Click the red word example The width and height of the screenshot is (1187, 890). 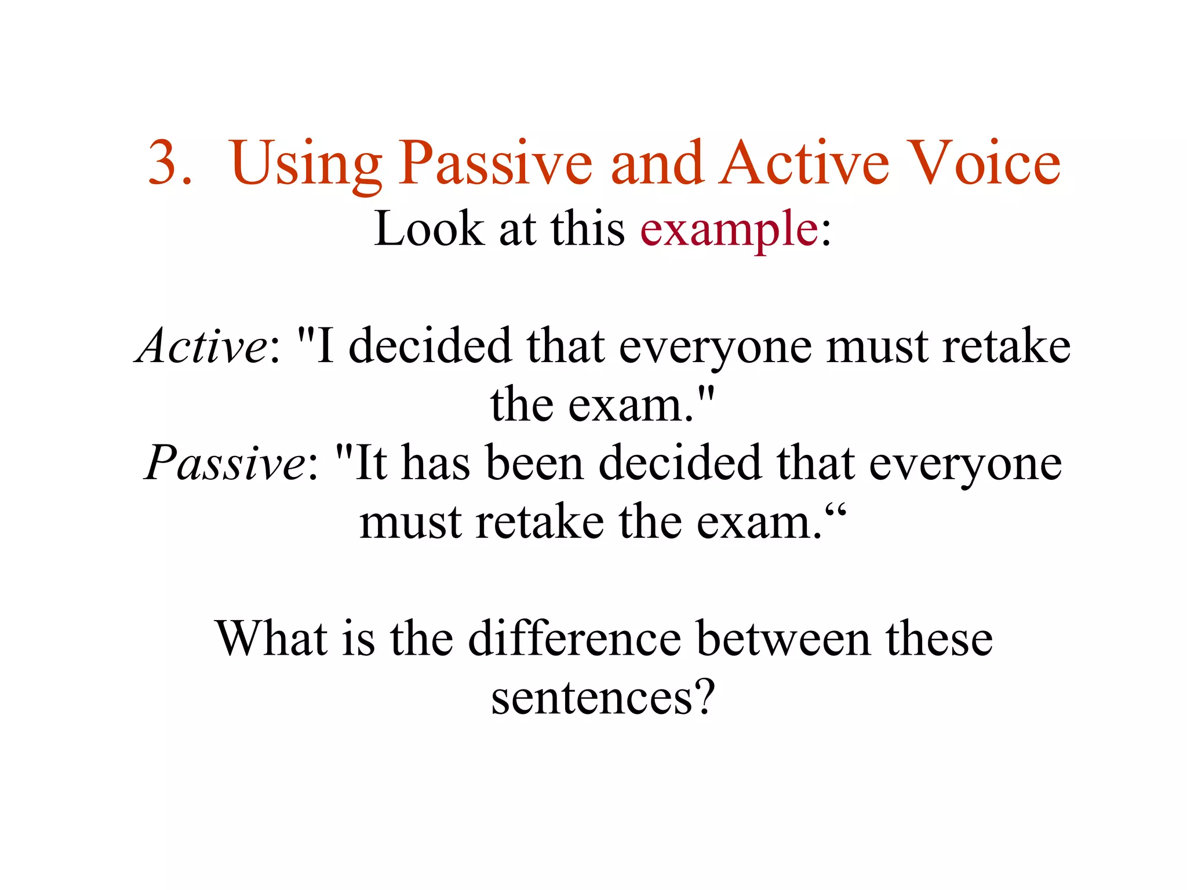coord(729,230)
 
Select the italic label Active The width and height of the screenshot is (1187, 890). coord(201,345)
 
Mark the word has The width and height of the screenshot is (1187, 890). coord(435,462)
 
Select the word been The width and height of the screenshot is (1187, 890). coord(534,462)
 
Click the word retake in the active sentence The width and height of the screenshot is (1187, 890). coord(1006,345)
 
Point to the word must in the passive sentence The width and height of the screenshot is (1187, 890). coord(410,521)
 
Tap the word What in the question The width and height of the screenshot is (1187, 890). coord(271,639)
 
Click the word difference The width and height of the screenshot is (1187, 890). coord(574,639)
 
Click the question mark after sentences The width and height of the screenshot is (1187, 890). coord(704,696)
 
